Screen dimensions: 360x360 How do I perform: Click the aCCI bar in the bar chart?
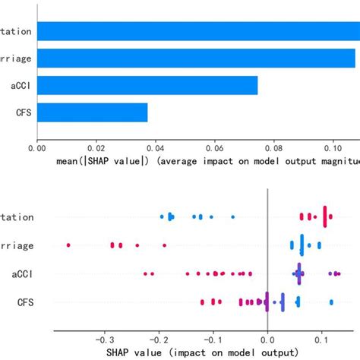pyautogui.click(x=147, y=85)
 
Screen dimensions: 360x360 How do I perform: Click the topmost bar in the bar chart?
pyautogui.click(x=197, y=31)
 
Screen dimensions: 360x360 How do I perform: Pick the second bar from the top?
pyautogui.click(x=196, y=58)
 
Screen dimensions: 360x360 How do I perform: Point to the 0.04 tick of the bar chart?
pyautogui.click(x=155, y=150)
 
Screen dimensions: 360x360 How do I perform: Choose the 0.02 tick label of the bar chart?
pyautogui.click(x=96, y=150)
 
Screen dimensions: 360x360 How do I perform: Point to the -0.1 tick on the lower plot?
pyautogui.click(x=213, y=340)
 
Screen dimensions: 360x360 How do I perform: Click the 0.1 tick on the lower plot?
pyautogui.click(x=322, y=340)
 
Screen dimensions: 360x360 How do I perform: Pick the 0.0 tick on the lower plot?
pyautogui.click(x=267, y=340)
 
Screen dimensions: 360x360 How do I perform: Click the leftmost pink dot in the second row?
pyautogui.click(x=68, y=245)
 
